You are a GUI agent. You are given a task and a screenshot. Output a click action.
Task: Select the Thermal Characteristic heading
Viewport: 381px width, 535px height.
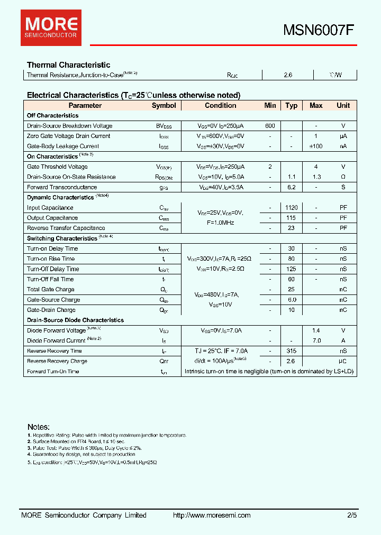pyautogui.click(x=68, y=64)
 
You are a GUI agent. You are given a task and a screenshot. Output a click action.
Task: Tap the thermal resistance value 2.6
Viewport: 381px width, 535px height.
pyautogui.click(x=288, y=75)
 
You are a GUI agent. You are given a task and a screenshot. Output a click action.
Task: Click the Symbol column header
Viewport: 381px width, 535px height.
pyautogui.click(x=164, y=105)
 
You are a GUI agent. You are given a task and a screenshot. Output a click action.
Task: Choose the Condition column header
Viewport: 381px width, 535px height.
pyautogui.click(x=221, y=105)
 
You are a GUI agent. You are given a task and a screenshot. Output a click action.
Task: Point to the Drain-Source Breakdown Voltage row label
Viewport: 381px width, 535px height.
pyautogui.click(x=69, y=126)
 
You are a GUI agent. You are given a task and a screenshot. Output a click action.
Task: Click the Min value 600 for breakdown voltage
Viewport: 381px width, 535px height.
pyautogui.click(x=270, y=126)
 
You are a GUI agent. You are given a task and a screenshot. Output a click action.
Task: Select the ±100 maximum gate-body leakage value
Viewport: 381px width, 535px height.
pyautogui.click(x=316, y=146)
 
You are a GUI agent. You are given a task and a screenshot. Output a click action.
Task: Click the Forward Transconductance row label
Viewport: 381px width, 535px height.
pyautogui.click(x=62, y=187)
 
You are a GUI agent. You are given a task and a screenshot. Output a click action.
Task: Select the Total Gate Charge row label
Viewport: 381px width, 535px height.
pyautogui.click(x=51, y=290)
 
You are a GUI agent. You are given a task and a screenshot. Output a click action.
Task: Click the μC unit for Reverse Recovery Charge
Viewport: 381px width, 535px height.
pyautogui.click(x=343, y=361)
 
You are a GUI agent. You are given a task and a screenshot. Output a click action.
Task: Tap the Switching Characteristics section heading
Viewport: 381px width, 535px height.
pyautogui.click(x=62, y=238)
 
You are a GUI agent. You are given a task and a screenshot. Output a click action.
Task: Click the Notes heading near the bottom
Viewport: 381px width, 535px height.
pyautogui.click(x=39, y=427)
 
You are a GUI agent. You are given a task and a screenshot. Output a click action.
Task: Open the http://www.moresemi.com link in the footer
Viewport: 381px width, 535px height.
pyautogui.click(x=212, y=515)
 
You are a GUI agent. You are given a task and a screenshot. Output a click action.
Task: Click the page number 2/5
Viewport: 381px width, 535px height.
pyautogui.click(x=352, y=515)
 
